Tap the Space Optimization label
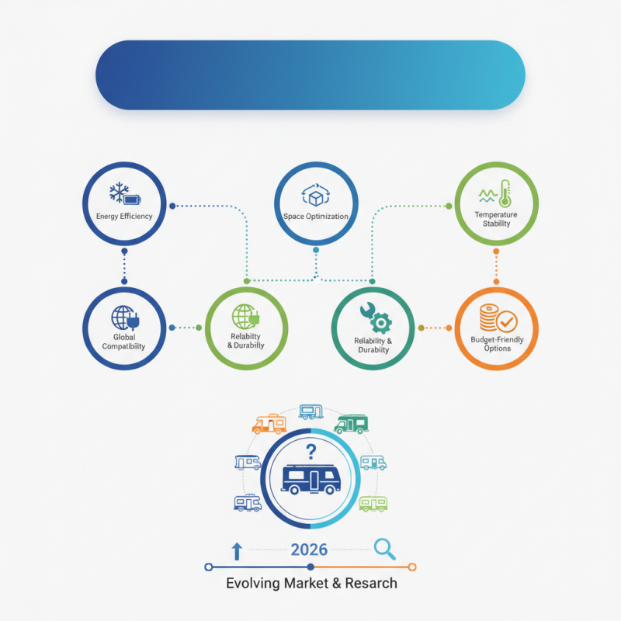(316, 217)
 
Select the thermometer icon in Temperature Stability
(505, 193)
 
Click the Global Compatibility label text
(124, 342)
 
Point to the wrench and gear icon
(376, 317)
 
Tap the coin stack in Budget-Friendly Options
(488, 317)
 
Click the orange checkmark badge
(507, 321)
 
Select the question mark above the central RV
(311, 452)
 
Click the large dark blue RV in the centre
(311, 480)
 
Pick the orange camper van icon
(269, 424)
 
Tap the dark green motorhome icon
(352, 424)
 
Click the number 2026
(309, 550)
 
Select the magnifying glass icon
(384, 549)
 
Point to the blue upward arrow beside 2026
(237, 551)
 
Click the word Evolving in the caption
(253, 584)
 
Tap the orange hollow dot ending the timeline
(412, 567)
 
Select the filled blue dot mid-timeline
(310, 567)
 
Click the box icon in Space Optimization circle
(316, 196)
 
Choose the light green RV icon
(373, 504)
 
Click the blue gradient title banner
(310, 75)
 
